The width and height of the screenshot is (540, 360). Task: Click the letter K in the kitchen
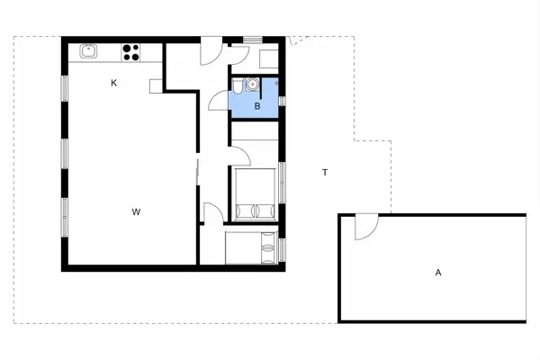(114, 83)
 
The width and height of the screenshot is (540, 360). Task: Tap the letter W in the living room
(136, 212)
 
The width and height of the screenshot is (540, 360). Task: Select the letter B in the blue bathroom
(257, 106)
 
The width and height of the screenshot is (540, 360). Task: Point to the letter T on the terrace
(324, 172)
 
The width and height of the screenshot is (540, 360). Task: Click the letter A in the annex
(438, 272)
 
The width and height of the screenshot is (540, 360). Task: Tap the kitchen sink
(88, 51)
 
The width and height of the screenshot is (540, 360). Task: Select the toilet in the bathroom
(236, 86)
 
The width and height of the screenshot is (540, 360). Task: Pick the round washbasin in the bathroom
(252, 85)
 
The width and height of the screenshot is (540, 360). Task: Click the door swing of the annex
(365, 229)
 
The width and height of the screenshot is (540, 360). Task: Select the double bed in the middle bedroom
(256, 194)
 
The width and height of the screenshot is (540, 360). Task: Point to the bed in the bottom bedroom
(252, 247)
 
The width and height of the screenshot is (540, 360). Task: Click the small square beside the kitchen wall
(156, 85)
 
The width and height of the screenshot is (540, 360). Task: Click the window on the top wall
(253, 40)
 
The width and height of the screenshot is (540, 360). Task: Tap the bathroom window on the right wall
(283, 93)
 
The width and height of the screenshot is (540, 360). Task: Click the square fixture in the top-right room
(268, 58)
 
